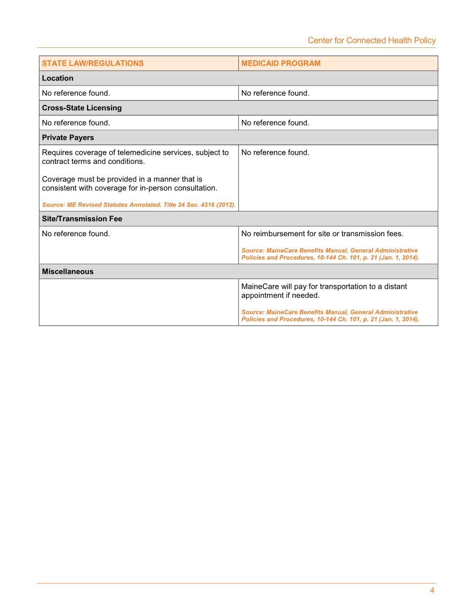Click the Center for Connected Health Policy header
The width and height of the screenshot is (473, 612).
click(x=372, y=40)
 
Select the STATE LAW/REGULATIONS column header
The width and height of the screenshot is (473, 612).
click(x=93, y=63)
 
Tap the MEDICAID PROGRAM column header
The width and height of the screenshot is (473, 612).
click(x=281, y=63)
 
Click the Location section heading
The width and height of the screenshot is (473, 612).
click(x=58, y=78)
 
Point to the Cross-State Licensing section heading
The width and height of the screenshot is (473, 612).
click(x=82, y=108)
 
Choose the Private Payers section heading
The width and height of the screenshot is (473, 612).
click(x=68, y=137)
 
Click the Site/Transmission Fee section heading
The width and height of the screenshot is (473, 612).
click(x=82, y=219)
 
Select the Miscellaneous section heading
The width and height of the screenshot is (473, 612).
click(x=68, y=271)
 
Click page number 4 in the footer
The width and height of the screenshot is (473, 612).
click(x=432, y=591)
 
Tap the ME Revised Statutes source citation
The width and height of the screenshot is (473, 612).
click(x=139, y=205)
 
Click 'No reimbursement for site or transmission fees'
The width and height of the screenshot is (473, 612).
click(x=322, y=234)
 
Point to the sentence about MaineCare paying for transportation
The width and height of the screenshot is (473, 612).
click(x=324, y=291)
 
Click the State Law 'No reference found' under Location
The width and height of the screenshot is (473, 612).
click(x=76, y=93)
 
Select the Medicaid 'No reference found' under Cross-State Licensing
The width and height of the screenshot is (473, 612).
click(x=275, y=123)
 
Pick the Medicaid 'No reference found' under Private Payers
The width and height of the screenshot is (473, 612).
click(x=275, y=152)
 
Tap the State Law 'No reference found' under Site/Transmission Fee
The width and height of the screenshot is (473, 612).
click(x=76, y=234)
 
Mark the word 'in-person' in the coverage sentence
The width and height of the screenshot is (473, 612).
click(x=156, y=188)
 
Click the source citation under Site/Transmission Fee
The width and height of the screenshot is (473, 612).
click(x=330, y=254)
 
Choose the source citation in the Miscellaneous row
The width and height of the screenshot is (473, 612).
click(x=330, y=315)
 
